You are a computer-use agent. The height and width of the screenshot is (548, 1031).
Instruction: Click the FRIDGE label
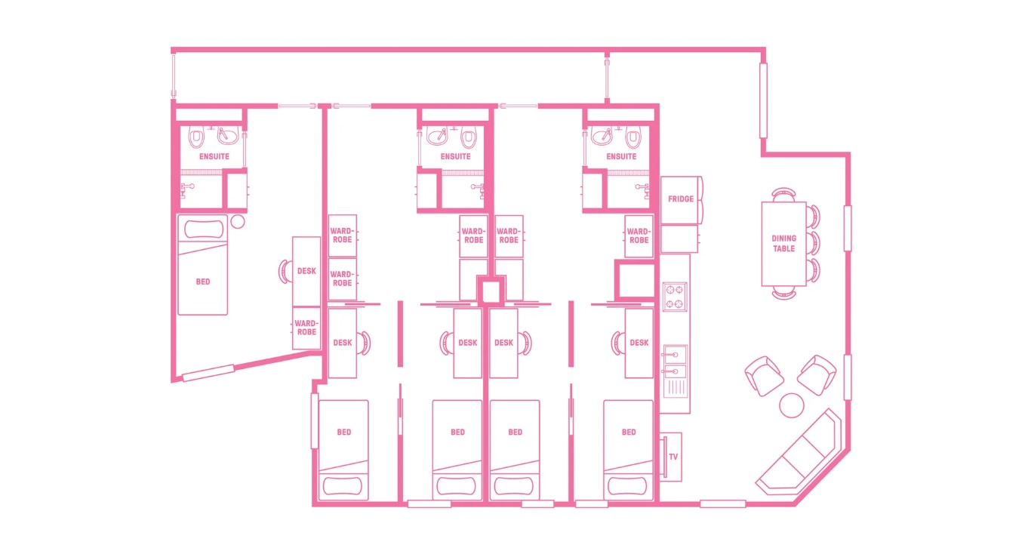click(680, 199)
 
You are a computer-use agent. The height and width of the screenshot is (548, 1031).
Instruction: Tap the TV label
click(672, 457)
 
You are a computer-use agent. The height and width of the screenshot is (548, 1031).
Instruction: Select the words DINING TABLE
click(783, 244)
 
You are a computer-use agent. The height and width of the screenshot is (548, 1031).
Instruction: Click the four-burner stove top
click(674, 296)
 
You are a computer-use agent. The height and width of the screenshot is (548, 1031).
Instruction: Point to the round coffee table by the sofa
click(792, 405)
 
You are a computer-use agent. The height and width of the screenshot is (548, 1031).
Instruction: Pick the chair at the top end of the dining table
click(784, 194)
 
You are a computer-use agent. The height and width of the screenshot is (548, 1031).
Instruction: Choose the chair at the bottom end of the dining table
click(784, 293)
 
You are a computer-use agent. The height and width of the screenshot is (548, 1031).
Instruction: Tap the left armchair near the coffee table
click(764, 375)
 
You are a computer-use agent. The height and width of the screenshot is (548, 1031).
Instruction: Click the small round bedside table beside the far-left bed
click(239, 222)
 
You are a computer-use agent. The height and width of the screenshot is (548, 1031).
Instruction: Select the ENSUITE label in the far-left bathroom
click(214, 157)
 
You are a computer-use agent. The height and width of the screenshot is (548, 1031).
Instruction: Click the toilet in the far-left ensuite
click(197, 138)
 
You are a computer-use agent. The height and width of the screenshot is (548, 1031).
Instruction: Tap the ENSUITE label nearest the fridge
click(621, 157)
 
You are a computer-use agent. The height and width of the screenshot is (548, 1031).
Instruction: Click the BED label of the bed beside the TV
click(629, 433)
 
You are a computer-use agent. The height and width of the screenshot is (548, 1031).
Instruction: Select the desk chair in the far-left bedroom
click(286, 271)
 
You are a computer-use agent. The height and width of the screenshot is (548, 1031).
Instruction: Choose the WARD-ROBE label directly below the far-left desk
click(306, 328)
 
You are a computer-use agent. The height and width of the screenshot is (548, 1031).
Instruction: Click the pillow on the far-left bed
click(202, 229)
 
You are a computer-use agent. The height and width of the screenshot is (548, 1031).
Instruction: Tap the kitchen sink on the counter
click(675, 362)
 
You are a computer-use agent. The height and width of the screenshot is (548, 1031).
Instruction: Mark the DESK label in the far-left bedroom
click(306, 271)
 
